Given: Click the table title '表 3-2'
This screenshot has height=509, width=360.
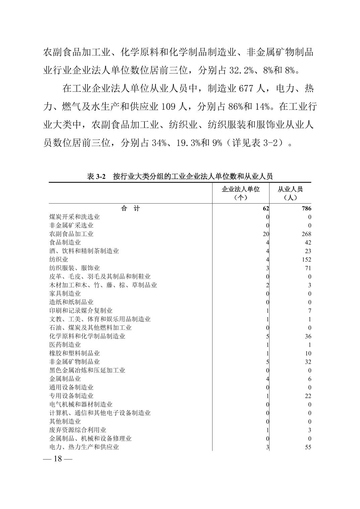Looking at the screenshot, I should pos(96,176).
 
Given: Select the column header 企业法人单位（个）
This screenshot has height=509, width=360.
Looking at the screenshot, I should pos(241,193).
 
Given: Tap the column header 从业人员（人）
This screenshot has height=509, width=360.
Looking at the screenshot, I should pos(290,193).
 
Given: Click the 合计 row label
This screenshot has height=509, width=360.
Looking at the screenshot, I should pos(130,209).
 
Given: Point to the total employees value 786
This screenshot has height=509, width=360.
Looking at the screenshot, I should pos(306,209).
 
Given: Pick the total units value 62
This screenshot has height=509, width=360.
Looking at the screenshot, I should pos(266,209).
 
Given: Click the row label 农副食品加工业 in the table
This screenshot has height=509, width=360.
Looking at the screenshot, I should pos(71,234).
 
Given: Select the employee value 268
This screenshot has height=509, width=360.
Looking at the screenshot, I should pos(306,234).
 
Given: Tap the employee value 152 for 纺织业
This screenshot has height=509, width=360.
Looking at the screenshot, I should pos(306,260).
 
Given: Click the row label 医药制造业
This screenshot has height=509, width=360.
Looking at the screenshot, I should pos(65,345).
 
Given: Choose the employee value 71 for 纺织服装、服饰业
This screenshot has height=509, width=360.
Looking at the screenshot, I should pos(308,268).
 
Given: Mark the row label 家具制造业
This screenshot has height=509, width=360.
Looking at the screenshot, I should pos(65,294).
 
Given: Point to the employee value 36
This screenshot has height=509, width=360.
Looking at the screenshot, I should pos(308,336).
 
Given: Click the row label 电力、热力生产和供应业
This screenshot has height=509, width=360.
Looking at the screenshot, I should pos(84,447).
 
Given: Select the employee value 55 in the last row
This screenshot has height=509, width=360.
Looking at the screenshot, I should pos(308,447).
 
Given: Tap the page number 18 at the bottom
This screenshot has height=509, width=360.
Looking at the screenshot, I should pos(58,459).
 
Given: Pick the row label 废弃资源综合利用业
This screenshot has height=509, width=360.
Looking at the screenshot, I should pos(78,430).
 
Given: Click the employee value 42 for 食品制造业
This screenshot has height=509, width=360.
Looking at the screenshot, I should pos(308,242).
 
